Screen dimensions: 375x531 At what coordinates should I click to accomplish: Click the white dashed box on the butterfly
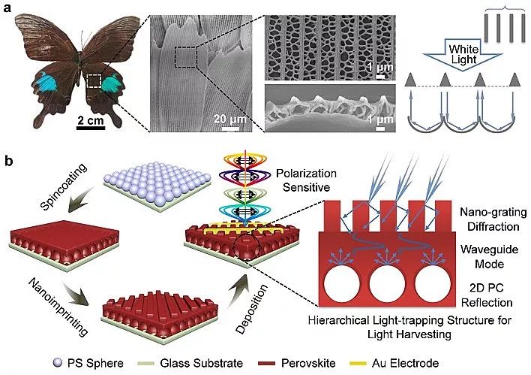[95, 81]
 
